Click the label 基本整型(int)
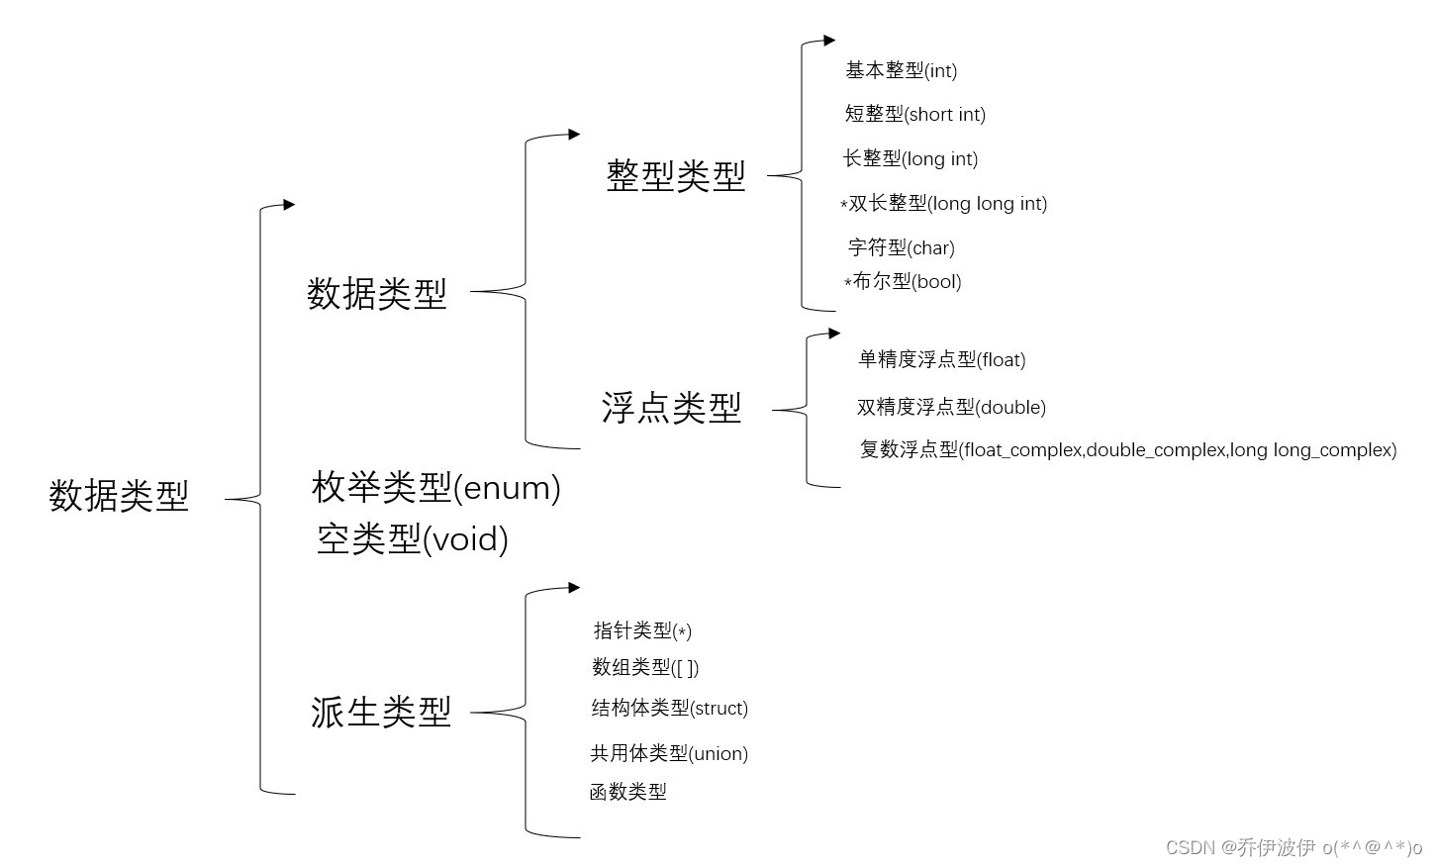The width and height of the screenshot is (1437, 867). tap(901, 70)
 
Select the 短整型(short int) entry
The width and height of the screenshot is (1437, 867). tap(914, 114)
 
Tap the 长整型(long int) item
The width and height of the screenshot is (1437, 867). tap(910, 158)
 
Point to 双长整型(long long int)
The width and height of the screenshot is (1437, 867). tap(946, 203)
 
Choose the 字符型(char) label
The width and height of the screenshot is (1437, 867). tap(901, 247)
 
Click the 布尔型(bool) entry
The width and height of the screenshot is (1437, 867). tap(905, 281)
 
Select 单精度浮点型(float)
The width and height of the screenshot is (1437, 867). tap(941, 359)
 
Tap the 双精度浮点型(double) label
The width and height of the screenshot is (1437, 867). tap(951, 407)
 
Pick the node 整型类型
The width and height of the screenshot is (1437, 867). tap(675, 176)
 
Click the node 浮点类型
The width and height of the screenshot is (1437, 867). tap(671, 408)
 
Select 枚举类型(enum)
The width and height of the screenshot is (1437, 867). tap(435, 487)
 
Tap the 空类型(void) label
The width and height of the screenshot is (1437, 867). tap(412, 538)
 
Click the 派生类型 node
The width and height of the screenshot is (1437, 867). tap(381, 712)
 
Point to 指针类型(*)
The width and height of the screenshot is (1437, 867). tap(641, 630)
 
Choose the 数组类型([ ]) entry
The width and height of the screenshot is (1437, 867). tap(645, 667)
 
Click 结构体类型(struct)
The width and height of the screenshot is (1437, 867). tap(669, 708)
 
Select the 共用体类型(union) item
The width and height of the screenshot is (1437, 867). tap(669, 753)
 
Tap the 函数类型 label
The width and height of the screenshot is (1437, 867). tap(627, 792)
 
